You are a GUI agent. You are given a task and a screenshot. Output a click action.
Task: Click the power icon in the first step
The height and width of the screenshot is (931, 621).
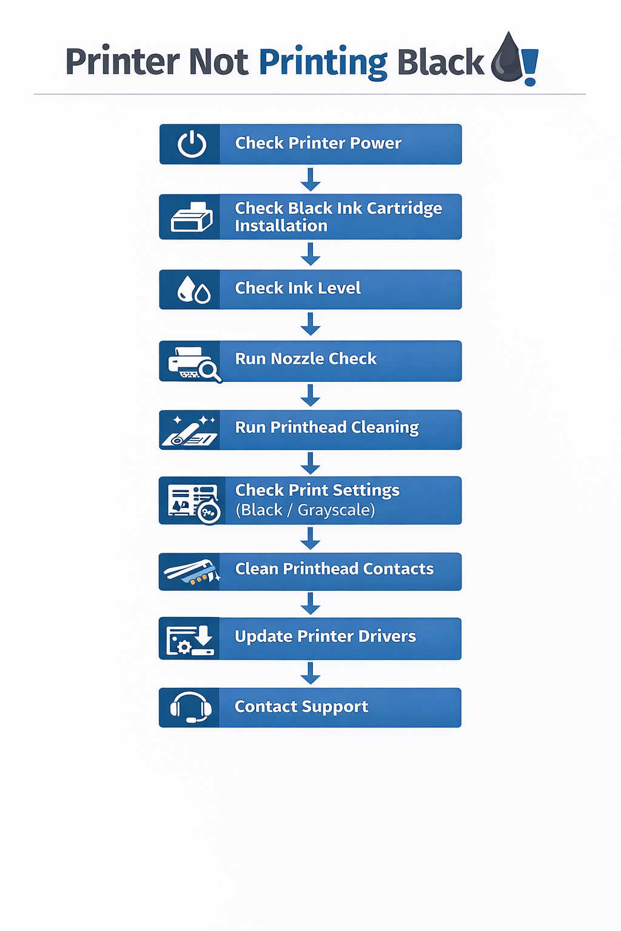pyautogui.click(x=192, y=144)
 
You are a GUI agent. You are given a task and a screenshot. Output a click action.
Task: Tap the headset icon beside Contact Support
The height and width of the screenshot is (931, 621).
pyautogui.click(x=191, y=707)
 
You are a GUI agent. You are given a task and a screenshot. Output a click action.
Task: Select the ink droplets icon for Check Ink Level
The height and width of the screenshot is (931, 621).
pyautogui.click(x=193, y=290)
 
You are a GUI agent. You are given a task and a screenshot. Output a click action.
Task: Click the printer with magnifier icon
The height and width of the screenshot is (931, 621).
pyautogui.click(x=193, y=363)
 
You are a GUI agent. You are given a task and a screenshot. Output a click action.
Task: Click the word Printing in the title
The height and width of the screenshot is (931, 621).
pyautogui.click(x=323, y=62)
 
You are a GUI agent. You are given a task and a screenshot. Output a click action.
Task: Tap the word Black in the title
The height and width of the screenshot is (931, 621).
pyautogui.click(x=440, y=62)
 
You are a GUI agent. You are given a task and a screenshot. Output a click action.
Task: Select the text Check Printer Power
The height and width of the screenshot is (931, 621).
pyautogui.click(x=318, y=143)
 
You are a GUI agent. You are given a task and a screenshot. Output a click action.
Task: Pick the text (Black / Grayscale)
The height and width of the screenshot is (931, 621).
pyautogui.click(x=305, y=510)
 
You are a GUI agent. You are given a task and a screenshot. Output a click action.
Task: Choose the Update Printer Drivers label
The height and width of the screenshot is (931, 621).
pyautogui.click(x=325, y=636)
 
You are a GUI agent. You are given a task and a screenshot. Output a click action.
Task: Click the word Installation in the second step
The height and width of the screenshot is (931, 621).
pyautogui.click(x=281, y=226)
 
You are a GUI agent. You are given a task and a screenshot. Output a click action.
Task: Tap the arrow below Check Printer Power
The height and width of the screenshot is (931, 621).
pyautogui.click(x=310, y=179)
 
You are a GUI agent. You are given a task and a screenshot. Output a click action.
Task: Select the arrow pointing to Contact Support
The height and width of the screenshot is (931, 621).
pyautogui.click(x=310, y=673)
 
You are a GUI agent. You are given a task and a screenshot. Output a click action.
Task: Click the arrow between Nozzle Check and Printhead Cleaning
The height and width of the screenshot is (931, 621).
pyautogui.click(x=310, y=395)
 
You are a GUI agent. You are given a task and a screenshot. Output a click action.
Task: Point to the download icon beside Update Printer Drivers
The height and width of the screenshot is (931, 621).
pyautogui.click(x=190, y=640)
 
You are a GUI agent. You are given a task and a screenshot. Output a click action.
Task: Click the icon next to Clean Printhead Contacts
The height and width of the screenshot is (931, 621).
pyautogui.click(x=190, y=572)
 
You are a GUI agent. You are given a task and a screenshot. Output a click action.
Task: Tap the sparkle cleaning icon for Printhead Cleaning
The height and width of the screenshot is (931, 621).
pyautogui.click(x=190, y=430)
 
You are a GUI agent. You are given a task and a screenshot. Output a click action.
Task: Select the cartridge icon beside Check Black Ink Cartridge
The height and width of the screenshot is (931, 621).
pyautogui.click(x=192, y=217)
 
